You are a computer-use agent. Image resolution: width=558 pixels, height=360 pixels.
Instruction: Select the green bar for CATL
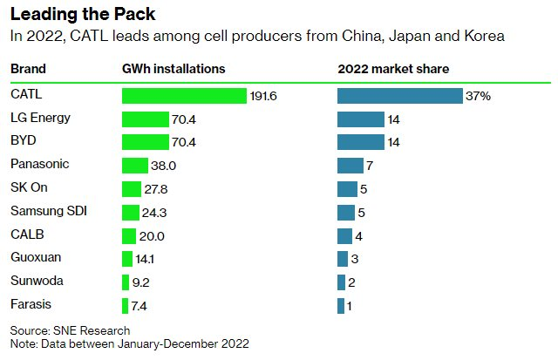tap(184, 96)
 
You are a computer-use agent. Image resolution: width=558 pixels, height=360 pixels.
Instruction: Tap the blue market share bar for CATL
tap(399, 96)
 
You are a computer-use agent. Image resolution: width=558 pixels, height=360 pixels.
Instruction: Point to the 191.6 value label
tap(262, 96)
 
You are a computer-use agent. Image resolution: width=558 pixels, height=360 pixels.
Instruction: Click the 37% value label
tap(479, 96)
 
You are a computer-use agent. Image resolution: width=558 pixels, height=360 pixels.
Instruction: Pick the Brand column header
tap(28, 68)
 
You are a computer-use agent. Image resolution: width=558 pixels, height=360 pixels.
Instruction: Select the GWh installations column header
tap(174, 68)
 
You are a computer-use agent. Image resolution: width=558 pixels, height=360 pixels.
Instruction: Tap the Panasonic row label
tap(39, 164)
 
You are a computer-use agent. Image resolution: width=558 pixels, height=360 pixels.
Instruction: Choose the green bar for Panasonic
tap(134, 165)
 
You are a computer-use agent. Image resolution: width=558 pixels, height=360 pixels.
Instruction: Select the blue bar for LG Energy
tap(360, 119)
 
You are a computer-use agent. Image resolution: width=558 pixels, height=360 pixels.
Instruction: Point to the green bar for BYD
tap(145, 142)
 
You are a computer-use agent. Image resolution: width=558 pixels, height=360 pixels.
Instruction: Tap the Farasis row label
tap(30, 304)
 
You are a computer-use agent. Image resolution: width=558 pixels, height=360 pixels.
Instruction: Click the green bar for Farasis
tap(125, 305)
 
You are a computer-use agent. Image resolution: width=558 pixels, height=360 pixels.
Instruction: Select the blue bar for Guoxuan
tap(342, 258)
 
